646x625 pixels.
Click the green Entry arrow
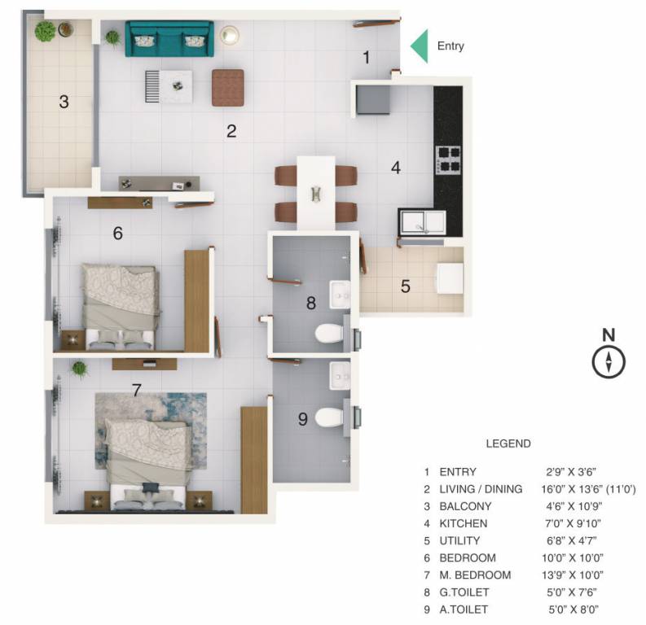pyautogui.click(x=420, y=46)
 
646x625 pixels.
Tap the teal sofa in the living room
pyautogui.click(x=169, y=39)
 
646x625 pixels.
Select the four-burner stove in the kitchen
pyautogui.click(x=449, y=160)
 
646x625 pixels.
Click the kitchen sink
pyautogui.click(x=422, y=223)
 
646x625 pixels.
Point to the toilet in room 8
pyautogui.click(x=329, y=333)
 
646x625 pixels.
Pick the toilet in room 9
pyautogui.click(x=329, y=417)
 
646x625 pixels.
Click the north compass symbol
pyautogui.click(x=609, y=362)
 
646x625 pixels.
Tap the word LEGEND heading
pyautogui.click(x=508, y=444)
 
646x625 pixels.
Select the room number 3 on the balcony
pyautogui.click(x=64, y=102)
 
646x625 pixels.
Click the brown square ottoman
pyautogui.click(x=228, y=88)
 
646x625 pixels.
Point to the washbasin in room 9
pyautogui.click(x=340, y=375)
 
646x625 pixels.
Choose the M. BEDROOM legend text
pyautogui.click(x=475, y=575)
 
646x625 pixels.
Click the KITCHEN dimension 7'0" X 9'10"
pyautogui.click(x=573, y=523)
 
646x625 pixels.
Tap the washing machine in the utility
pyautogui.click(x=450, y=278)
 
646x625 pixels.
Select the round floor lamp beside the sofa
pyautogui.click(x=229, y=35)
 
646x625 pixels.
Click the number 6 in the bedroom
pyautogui.click(x=118, y=234)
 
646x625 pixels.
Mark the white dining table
pyautogui.click(x=316, y=193)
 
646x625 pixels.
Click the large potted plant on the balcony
pyautogui.click(x=45, y=31)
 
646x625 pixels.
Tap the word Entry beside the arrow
pyautogui.click(x=450, y=46)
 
